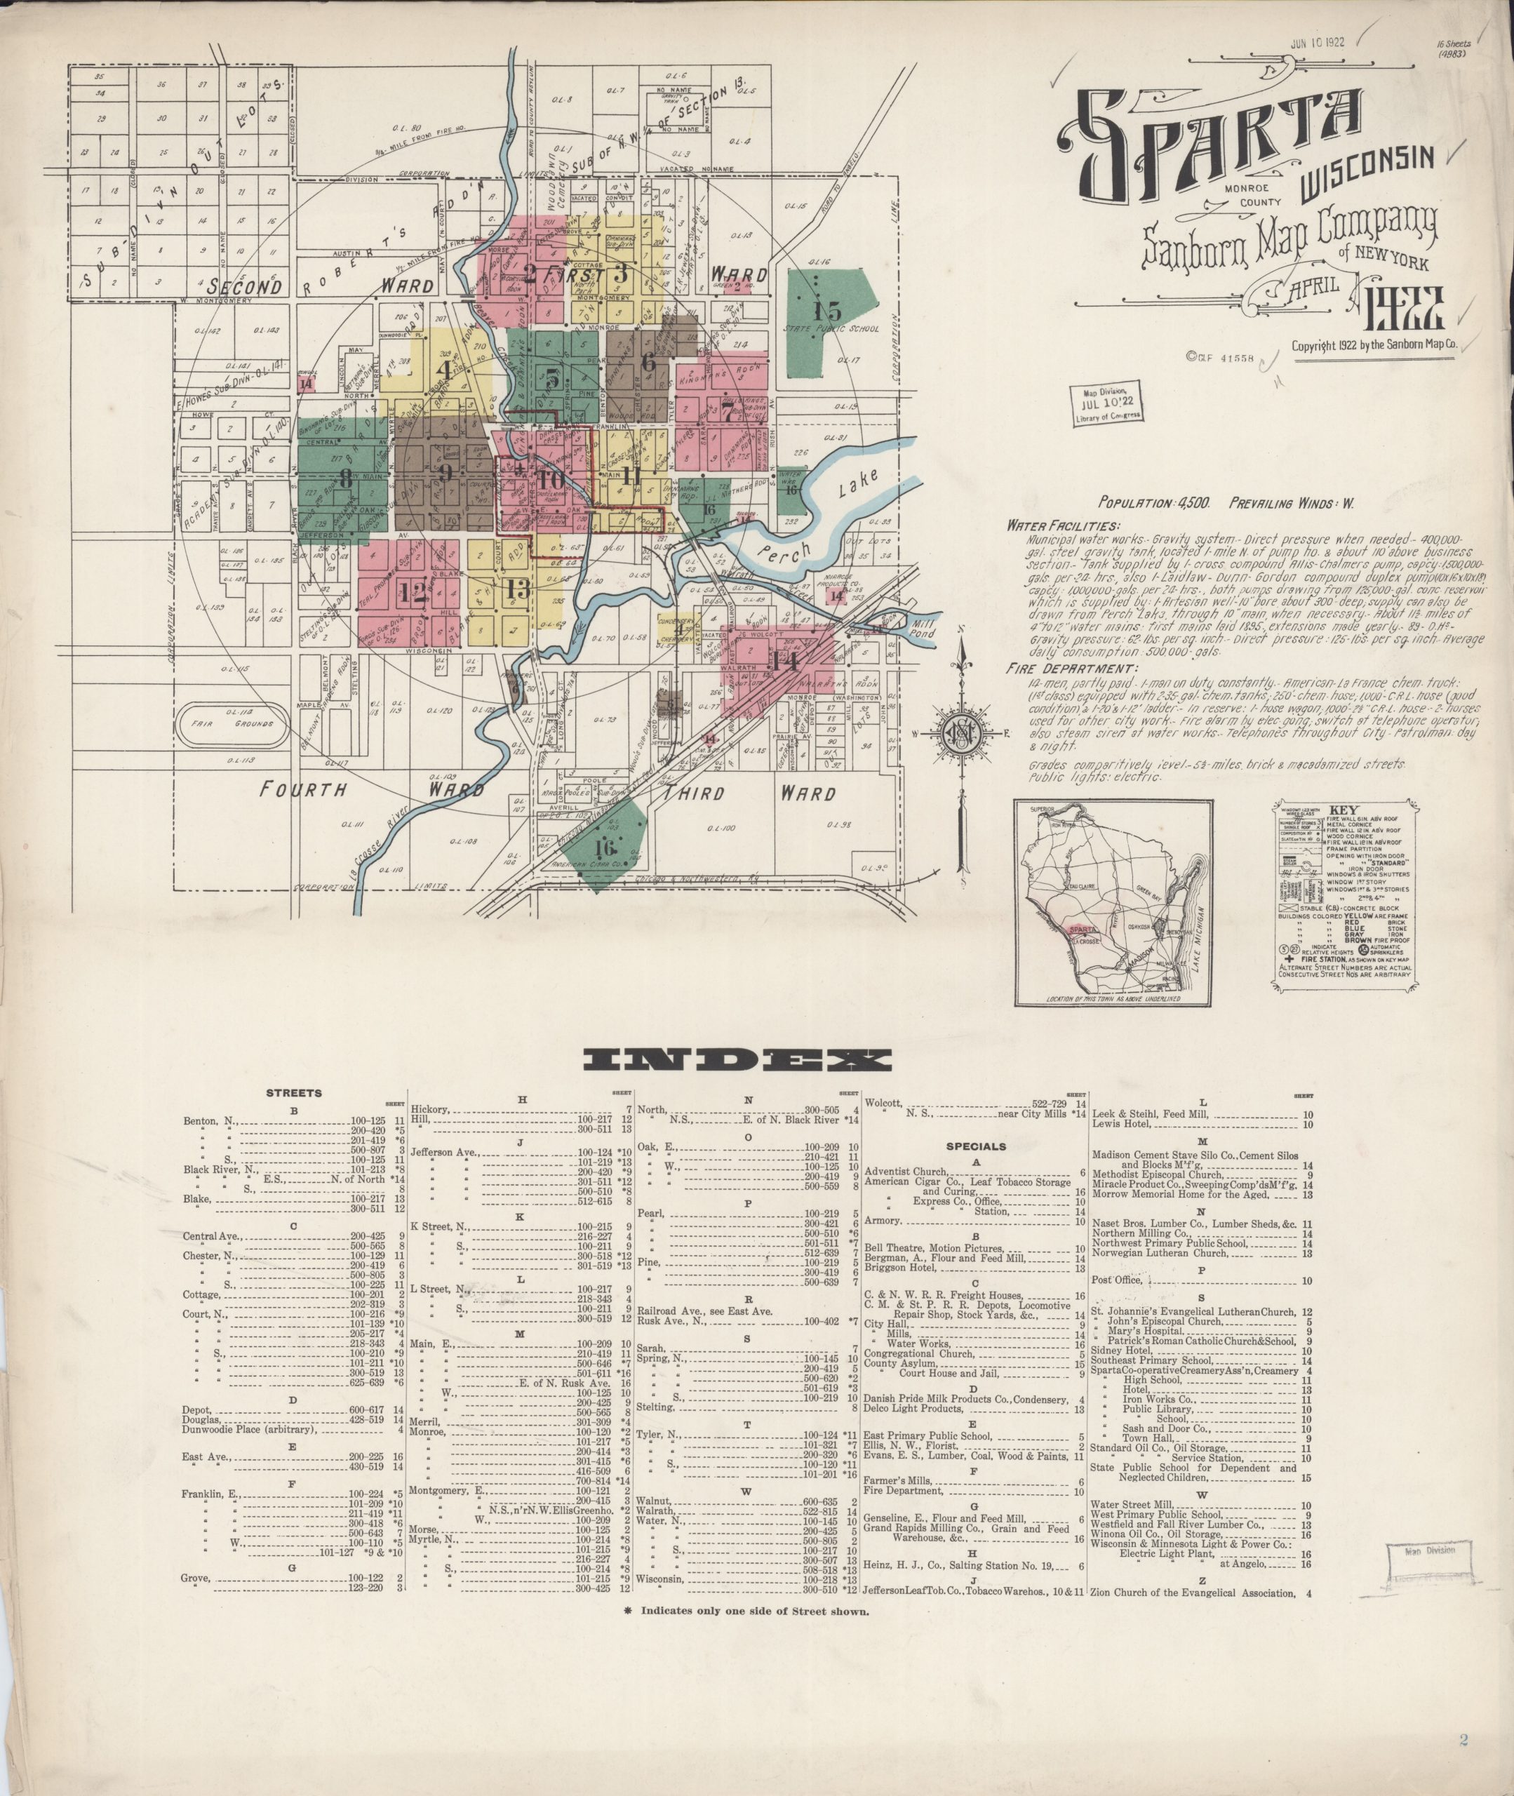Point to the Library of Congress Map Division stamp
pyautogui.click(x=1106, y=403)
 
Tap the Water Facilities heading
pyautogui.click(x=1064, y=525)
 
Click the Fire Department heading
pyautogui.click(x=1073, y=669)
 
